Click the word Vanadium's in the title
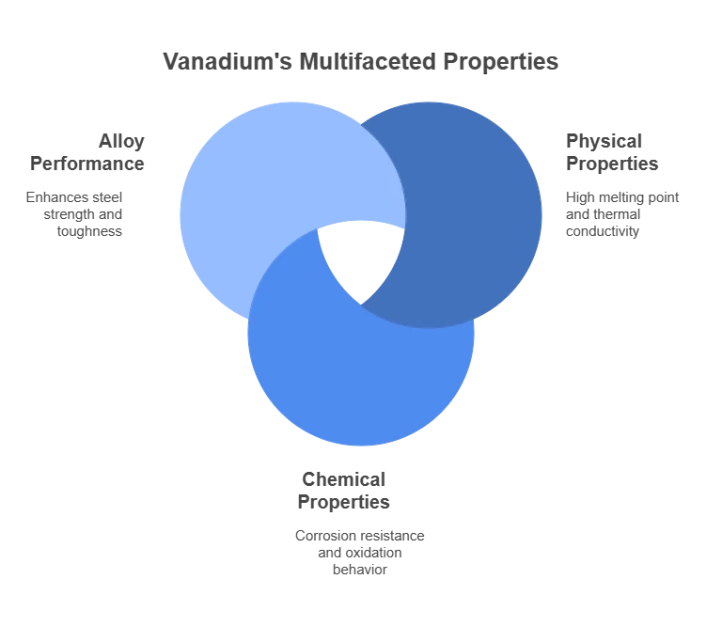point(228,61)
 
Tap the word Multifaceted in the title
point(368,61)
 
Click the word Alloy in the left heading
point(121,142)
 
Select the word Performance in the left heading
point(87,164)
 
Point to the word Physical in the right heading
point(604,142)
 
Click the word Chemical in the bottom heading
point(343,479)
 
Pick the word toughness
point(89,231)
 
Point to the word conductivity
point(603,231)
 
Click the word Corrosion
point(325,536)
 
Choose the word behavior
point(360,570)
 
